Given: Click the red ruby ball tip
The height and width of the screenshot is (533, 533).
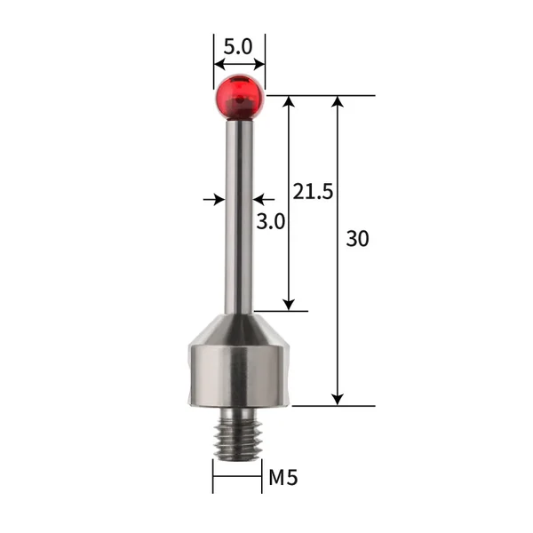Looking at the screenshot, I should click(x=239, y=96).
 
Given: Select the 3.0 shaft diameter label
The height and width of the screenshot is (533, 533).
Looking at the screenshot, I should click(x=270, y=222).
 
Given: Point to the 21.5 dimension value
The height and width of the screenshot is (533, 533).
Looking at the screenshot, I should click(x=312, y=191).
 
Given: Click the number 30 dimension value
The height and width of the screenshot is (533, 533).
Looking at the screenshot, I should click(x=358, y=239).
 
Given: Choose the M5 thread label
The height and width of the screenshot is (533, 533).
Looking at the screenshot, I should click(x=282, y=478).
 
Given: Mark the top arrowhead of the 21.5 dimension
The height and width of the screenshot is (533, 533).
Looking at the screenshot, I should click(x=289, y=101).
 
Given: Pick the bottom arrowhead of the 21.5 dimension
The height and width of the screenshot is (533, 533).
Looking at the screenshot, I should click(x=289, y=304).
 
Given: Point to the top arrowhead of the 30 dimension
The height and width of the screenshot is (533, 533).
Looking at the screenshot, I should click(x=338, y=101).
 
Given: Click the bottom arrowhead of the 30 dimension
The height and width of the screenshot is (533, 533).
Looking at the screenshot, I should click(x=338, y=399).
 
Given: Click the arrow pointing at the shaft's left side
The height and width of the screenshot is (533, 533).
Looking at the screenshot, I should click(x=219, y=200).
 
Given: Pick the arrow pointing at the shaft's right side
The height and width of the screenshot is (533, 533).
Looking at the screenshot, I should click(x=259, y=200).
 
